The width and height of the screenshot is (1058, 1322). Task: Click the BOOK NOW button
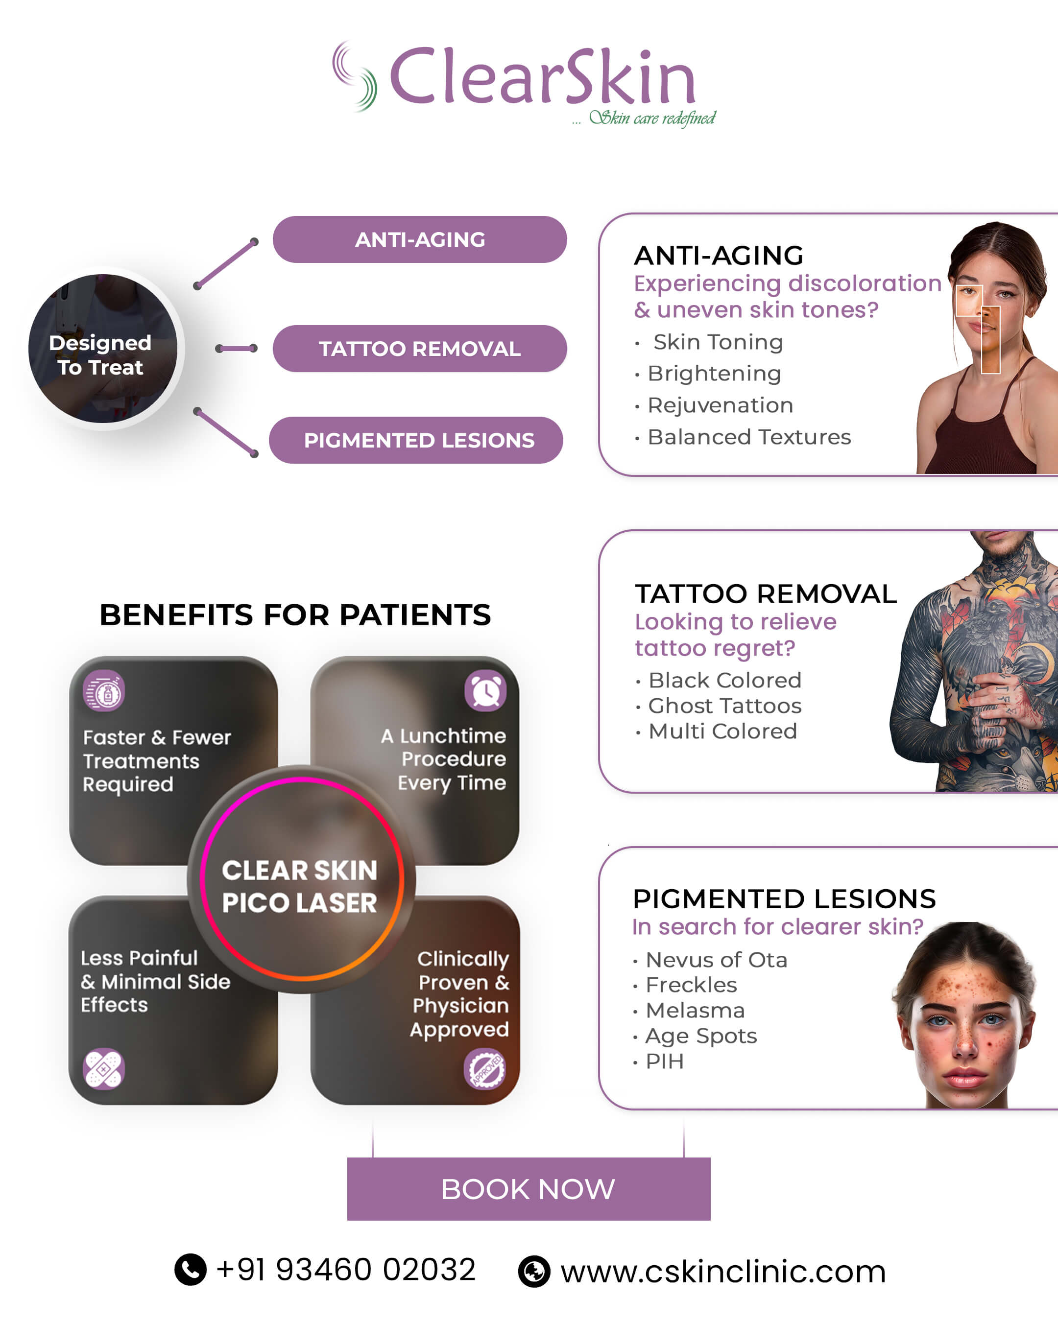[x=529, y=1189]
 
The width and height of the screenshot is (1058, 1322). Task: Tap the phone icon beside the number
[x=191, y=1269]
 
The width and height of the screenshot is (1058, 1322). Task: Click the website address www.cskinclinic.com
[x=723, y=1271]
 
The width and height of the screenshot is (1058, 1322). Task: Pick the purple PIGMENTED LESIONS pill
[x=416, y=440]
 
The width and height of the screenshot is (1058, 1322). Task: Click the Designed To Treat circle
[x=102, y=348]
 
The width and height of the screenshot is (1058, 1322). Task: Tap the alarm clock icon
[x=485, y=691]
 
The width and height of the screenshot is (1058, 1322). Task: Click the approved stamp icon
[x=484, y=1069]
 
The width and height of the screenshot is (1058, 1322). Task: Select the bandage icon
[x=104, y=1069]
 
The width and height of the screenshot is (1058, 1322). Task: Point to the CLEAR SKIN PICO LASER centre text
[x=299, y=887]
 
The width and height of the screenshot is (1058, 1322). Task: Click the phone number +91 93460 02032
[x=346, y=1269]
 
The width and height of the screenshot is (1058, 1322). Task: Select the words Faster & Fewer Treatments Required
[x=157, y=760]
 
